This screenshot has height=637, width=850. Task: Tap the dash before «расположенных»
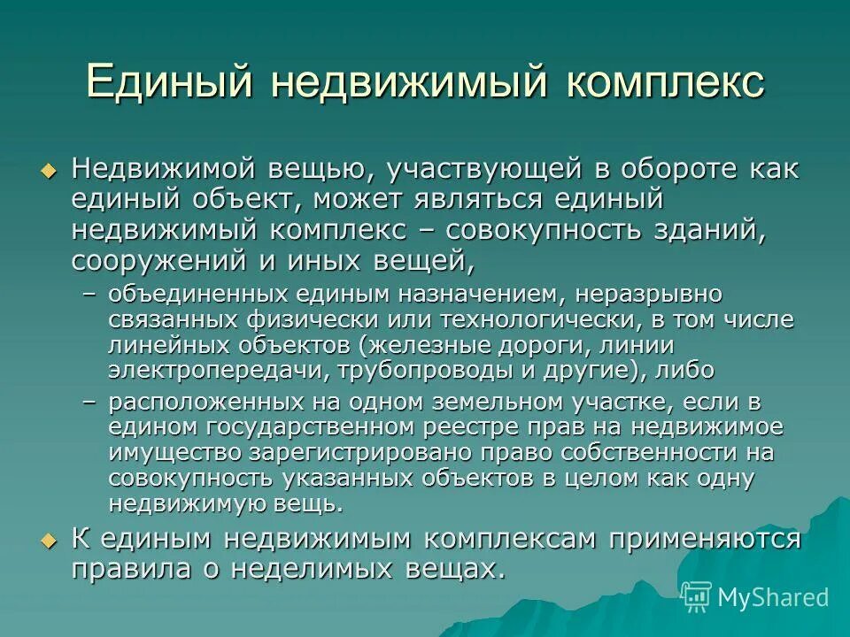point(89,403)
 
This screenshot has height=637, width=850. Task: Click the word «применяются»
point(697,539)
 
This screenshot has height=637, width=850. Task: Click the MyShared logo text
point(772,597)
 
